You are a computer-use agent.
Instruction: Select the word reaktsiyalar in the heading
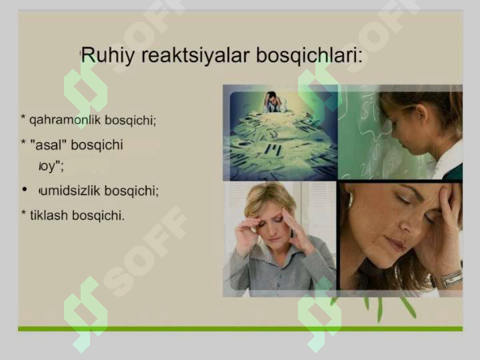click(189, 55)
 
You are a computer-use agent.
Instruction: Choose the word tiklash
click(50, 215)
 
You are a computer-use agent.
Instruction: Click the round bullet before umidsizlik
click(24, 190)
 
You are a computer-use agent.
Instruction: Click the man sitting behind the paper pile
click(273, 101)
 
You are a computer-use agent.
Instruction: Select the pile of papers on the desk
click(280, 140)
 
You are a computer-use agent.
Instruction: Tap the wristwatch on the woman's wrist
click(451, 277)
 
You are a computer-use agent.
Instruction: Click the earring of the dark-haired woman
click(350, 201)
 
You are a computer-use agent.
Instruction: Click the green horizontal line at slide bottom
click(240, 328)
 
